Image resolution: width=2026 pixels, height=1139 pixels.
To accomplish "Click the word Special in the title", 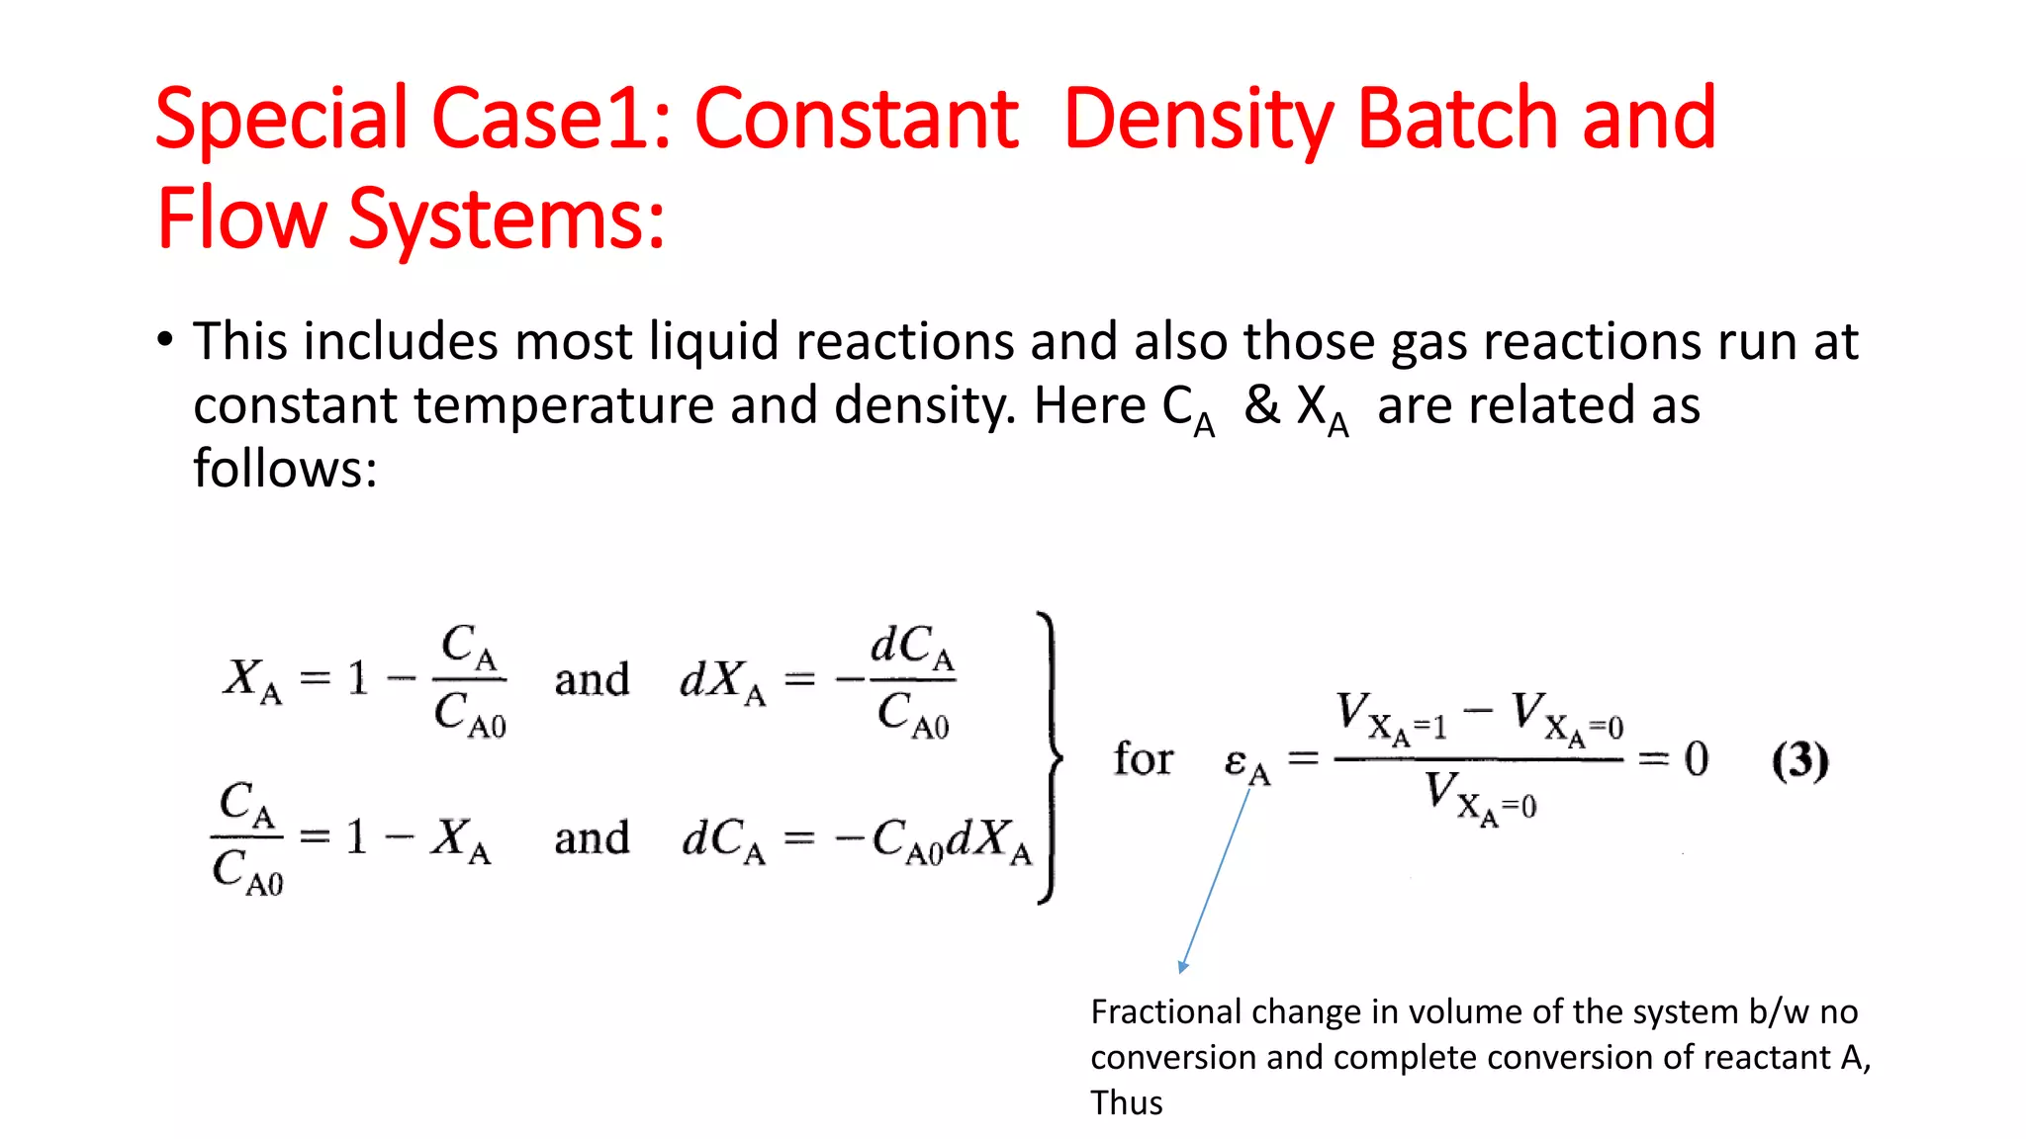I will click(281, 121).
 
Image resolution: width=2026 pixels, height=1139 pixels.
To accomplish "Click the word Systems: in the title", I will click(506, 219).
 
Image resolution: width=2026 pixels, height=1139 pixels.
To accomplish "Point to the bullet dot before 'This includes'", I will click(165, 341).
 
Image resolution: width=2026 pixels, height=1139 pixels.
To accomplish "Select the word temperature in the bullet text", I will click(562, 405).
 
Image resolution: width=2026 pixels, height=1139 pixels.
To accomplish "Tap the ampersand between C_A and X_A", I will click(1261, 405).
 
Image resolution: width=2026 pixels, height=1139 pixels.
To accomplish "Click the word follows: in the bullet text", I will click(285, 469).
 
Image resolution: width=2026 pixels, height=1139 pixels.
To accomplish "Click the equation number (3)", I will click(1799, 760).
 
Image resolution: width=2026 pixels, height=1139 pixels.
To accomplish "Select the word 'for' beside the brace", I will click(1143, 759).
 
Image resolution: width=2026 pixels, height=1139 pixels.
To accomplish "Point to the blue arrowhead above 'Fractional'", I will click(1183, 966).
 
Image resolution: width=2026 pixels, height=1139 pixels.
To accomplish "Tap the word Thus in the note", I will click(1126, 1102).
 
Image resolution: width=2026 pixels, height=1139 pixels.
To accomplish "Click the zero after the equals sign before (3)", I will click(1697, 759).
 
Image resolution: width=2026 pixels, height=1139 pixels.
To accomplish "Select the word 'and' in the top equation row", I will click(592, 680).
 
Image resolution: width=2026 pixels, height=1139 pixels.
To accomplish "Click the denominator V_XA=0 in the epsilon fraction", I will click(1479, 797).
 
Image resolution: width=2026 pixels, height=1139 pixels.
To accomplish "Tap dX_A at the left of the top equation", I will click(722, 681).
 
